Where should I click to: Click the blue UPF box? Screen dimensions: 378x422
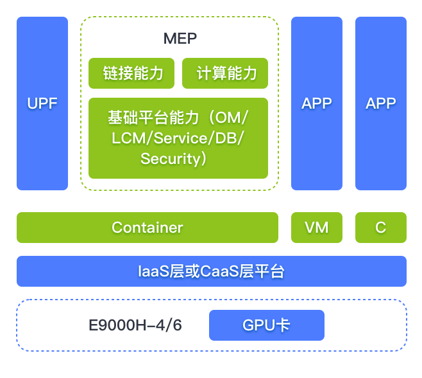[42, 104]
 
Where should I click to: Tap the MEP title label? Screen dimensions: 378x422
[180, 39]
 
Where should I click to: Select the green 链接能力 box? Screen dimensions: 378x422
[133, 73]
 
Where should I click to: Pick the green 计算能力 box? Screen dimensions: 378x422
[225, 73]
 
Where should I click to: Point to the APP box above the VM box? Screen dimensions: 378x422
[317, 104]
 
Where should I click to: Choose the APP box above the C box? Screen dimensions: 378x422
[381, 104]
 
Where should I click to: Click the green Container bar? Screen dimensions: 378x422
[148, 228]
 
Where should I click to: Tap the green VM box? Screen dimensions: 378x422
[317, 228]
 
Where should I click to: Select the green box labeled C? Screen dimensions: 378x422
[381, 228]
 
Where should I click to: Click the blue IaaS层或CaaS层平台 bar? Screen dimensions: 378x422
[212, 271]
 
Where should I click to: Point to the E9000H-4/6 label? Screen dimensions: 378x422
[135, 325]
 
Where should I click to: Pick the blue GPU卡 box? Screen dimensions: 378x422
[267, 325]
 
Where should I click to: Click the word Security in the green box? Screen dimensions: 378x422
[170, 159]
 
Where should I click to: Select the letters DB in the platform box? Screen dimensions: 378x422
[233, 139]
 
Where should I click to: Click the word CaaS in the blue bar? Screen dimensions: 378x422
[219, 271]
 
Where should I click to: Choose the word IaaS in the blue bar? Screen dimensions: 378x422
[153, 271]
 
